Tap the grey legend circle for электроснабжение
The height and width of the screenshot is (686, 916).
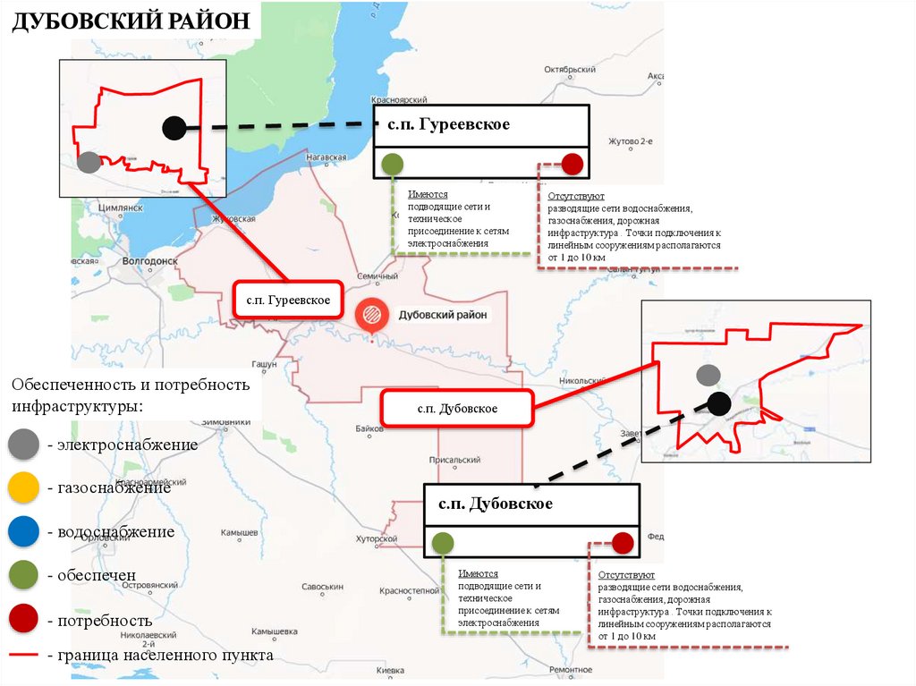click(x=22, y=445)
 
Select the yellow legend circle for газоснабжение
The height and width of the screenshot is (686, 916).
click(x=22, y=488)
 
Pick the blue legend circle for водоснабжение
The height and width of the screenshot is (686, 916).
click(x=22, y=532)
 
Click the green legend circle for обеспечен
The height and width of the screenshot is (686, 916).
click(x=22, y=577)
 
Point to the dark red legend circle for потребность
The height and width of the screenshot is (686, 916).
click(x=22, y=620)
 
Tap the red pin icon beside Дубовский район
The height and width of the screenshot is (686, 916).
click(x=371, y=315)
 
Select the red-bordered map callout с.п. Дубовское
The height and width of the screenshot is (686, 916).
click(x=457, y=409)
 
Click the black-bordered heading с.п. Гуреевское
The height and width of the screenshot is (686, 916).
click(x=481, y=124)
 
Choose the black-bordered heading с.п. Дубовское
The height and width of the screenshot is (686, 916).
click(x=531, y=504)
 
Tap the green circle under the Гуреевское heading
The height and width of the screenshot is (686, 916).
click(x=391, y=164)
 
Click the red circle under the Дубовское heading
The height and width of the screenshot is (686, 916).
click(x=623, y=543)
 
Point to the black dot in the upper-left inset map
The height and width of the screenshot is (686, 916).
click(x=174, y=128)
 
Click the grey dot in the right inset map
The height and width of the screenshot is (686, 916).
click(x=708, y=375)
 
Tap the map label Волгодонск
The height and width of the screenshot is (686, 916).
click(x=149, y=262)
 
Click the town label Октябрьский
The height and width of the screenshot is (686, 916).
click(x=570, y=69)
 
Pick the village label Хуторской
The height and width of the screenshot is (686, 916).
click(x=376, y=539)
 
